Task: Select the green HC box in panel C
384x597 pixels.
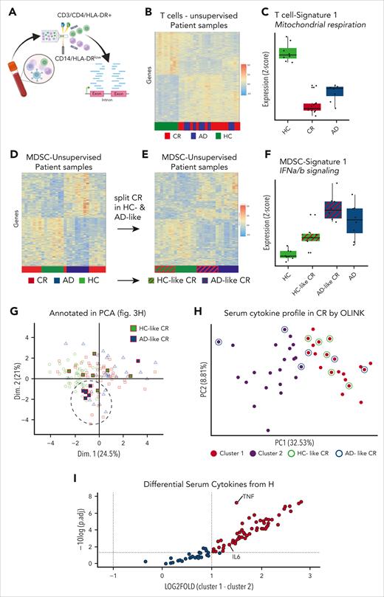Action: click(x=287, y=53)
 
